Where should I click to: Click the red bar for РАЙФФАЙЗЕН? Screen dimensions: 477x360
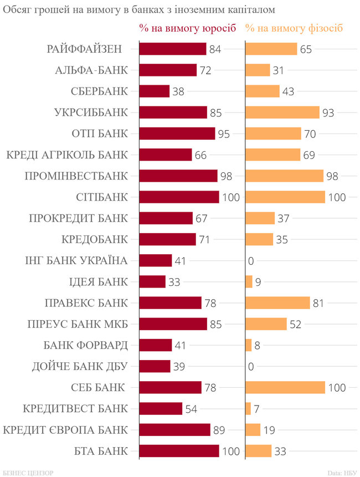click(172, 49)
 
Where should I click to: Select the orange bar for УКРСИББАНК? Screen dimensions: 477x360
click(282, 112)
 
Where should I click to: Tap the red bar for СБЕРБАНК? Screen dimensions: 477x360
click(154, 91)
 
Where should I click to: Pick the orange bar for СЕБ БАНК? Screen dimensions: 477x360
click(285, 387)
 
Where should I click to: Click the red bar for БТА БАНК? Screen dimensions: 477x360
click(179, 451)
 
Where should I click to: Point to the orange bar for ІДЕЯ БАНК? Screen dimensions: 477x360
click(249, 281)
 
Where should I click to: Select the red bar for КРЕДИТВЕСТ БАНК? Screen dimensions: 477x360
click(161, 409)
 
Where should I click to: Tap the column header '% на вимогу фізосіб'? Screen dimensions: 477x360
click(294, 28)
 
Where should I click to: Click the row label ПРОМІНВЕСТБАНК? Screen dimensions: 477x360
click(76, 176)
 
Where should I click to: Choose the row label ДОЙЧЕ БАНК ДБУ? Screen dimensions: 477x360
click(81, 366)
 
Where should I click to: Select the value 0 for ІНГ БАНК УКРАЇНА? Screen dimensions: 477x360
click(251, 260)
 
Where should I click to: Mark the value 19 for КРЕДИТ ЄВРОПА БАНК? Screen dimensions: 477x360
click(269, 430)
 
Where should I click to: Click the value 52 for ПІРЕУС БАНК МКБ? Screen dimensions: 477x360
click(295, 324)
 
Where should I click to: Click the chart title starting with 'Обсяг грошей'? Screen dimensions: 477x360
click(140, 9)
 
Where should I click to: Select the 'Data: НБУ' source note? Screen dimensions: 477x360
click(342, 472)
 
